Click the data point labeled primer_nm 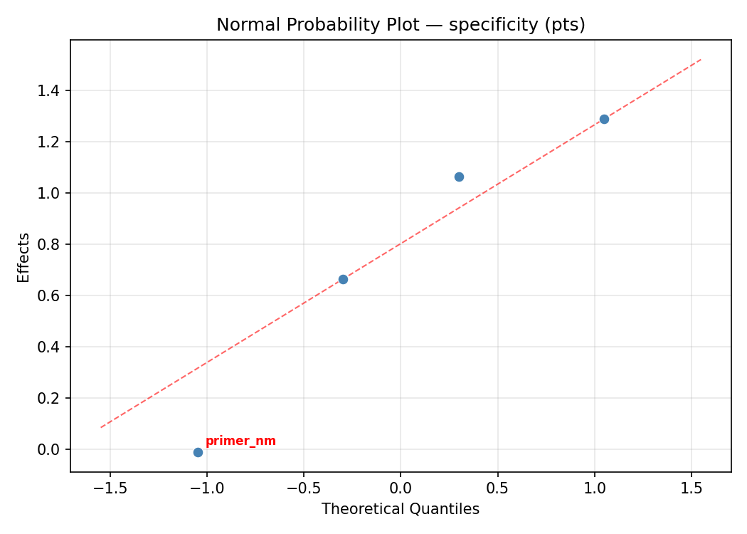point(198,452)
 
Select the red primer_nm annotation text point(240,441)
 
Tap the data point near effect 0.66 point(343,279)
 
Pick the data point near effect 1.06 point(459,177)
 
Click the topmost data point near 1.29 point(604,119)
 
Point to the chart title point(401,25)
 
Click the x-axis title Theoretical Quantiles point(401,509)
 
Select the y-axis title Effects point(24,257)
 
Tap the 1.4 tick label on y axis point(50,90)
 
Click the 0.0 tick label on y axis point(50,449)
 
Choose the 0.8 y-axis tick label point(50,244)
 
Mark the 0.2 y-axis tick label point(50,398)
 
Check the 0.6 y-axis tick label point(50,295)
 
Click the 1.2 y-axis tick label point(50,142)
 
